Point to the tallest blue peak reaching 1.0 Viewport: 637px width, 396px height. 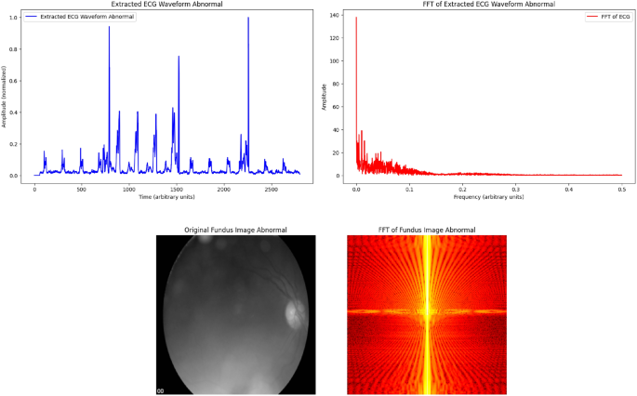click(x=248, y=19)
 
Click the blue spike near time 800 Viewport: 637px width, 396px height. click(x=109, y=28)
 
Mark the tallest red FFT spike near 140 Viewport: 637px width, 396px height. click(x=356, y=18)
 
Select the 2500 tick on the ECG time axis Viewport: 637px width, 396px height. click(x=271, y=189)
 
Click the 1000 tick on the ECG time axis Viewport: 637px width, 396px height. click(x=128, y=189)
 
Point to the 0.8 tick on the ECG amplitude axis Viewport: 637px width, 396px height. click(x=12, y=50)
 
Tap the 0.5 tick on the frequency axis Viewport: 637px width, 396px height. click(x=622, y=189)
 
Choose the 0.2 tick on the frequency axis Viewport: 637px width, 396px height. click(x=462, y=189)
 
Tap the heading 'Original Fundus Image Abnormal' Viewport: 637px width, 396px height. click(x=235, y=230)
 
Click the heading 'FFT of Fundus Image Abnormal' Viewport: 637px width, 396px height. click(x=427, y=230)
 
